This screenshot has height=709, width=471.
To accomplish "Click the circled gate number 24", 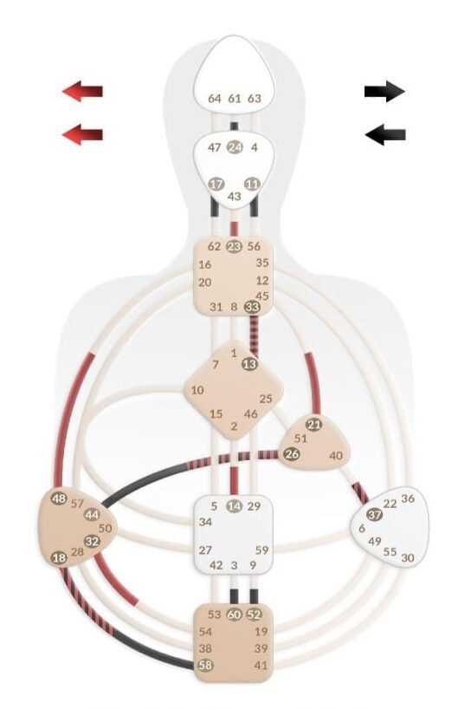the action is point(235,147).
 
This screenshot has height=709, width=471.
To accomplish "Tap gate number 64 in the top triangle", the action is point(215,98).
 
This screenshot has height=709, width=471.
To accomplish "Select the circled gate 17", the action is point(216,184).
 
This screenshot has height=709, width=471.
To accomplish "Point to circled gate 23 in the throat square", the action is point(234,246).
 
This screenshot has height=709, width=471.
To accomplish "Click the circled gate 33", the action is point(252,307).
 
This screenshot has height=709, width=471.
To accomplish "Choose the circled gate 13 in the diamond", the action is point(249,364).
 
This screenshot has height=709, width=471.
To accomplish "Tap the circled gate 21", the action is point(313,425).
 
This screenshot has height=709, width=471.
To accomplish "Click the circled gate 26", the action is point(292,453).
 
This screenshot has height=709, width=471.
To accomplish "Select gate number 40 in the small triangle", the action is point(336,455).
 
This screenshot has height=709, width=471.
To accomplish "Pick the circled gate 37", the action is point(374,515).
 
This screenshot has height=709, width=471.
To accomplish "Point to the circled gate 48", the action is point(59,498).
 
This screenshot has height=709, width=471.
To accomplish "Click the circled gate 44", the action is point(92,515).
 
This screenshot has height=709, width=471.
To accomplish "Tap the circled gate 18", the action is point(59,557).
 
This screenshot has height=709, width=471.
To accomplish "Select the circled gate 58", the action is point(205,665).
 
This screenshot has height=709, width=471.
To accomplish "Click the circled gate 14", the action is point(234,506).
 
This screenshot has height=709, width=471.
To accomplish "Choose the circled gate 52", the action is point(255,615).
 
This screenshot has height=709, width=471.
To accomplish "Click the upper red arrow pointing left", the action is point(82,91).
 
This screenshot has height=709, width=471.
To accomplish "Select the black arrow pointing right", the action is point(384,91).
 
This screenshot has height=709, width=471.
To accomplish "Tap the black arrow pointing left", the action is point(384,134).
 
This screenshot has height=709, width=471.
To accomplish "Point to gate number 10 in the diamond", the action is point(197,390).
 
